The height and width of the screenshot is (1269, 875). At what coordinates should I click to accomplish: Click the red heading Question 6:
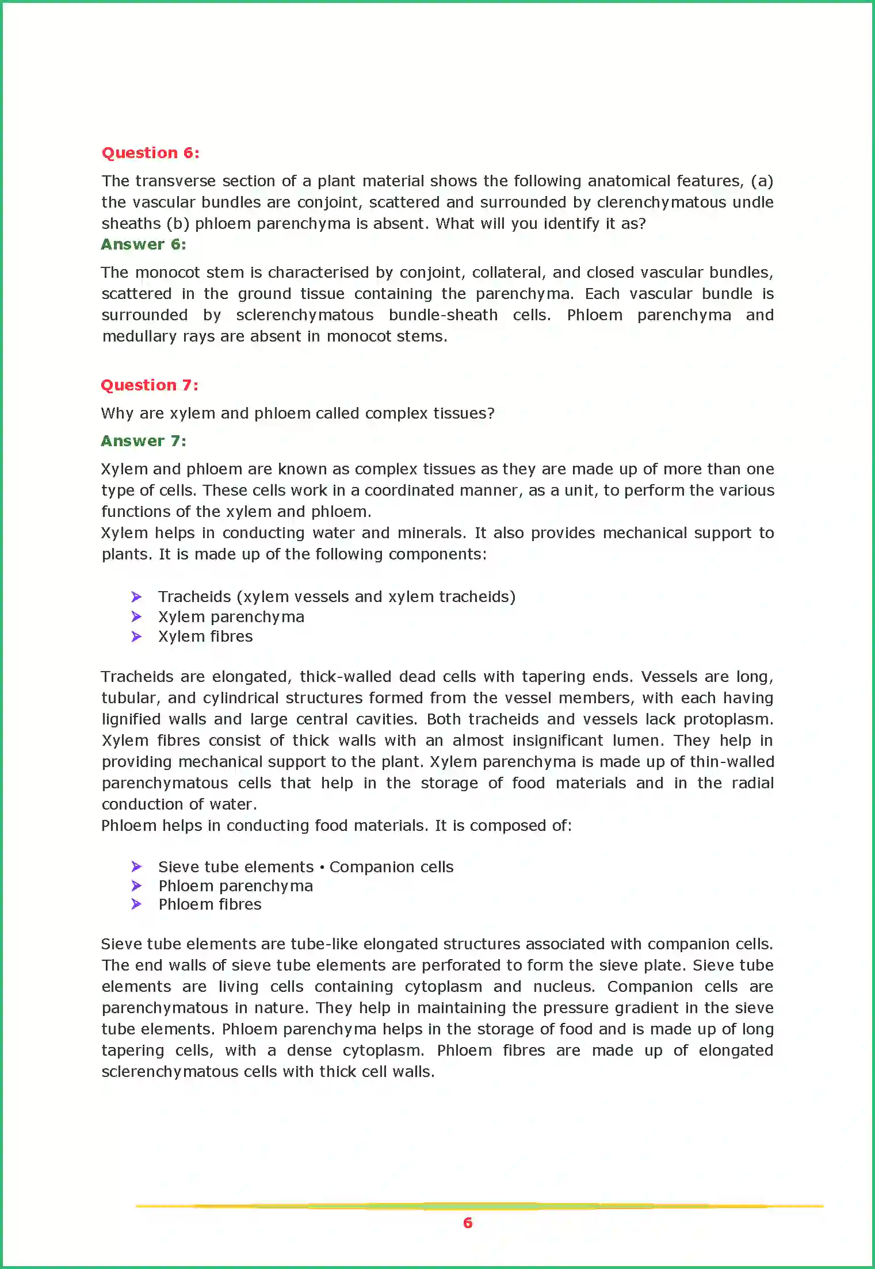[150, 153]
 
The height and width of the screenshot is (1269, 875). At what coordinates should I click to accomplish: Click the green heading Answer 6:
[143, 244]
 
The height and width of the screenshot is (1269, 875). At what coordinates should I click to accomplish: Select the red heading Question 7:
[150, 385]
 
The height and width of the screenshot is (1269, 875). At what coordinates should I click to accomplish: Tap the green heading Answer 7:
[143, 441]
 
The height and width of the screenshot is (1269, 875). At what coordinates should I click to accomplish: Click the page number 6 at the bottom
[468, 1223]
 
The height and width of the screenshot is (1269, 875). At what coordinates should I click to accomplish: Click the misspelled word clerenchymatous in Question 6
[662, 202]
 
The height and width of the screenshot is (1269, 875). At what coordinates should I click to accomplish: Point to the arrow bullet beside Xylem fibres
[136, 637]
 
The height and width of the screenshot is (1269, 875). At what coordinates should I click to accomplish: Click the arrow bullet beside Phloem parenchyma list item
[136, 885]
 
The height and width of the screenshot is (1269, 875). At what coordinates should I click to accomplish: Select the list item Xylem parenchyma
[231, 617]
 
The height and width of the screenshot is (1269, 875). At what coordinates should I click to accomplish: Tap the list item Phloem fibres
[210, 904]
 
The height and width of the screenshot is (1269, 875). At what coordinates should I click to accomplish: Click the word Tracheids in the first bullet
[194, 597]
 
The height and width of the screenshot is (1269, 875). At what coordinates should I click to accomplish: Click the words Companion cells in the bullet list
[391, 867]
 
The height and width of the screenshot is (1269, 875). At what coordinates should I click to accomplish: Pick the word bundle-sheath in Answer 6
[443, 315]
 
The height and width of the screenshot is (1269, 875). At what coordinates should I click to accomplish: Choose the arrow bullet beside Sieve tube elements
[136, 867]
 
